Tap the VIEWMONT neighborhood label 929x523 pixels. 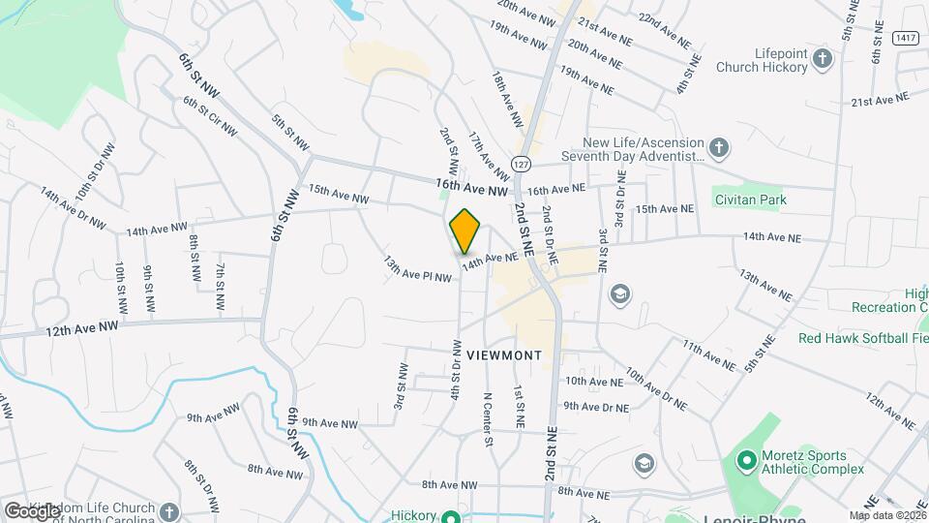(503, 355)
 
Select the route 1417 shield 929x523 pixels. (906, 38)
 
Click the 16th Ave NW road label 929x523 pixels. (471, 187)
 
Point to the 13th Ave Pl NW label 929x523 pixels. (417, 269)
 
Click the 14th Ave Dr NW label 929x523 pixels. (73, 209)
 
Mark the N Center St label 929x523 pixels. (489, 419)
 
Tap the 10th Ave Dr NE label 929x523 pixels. (656, 388)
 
